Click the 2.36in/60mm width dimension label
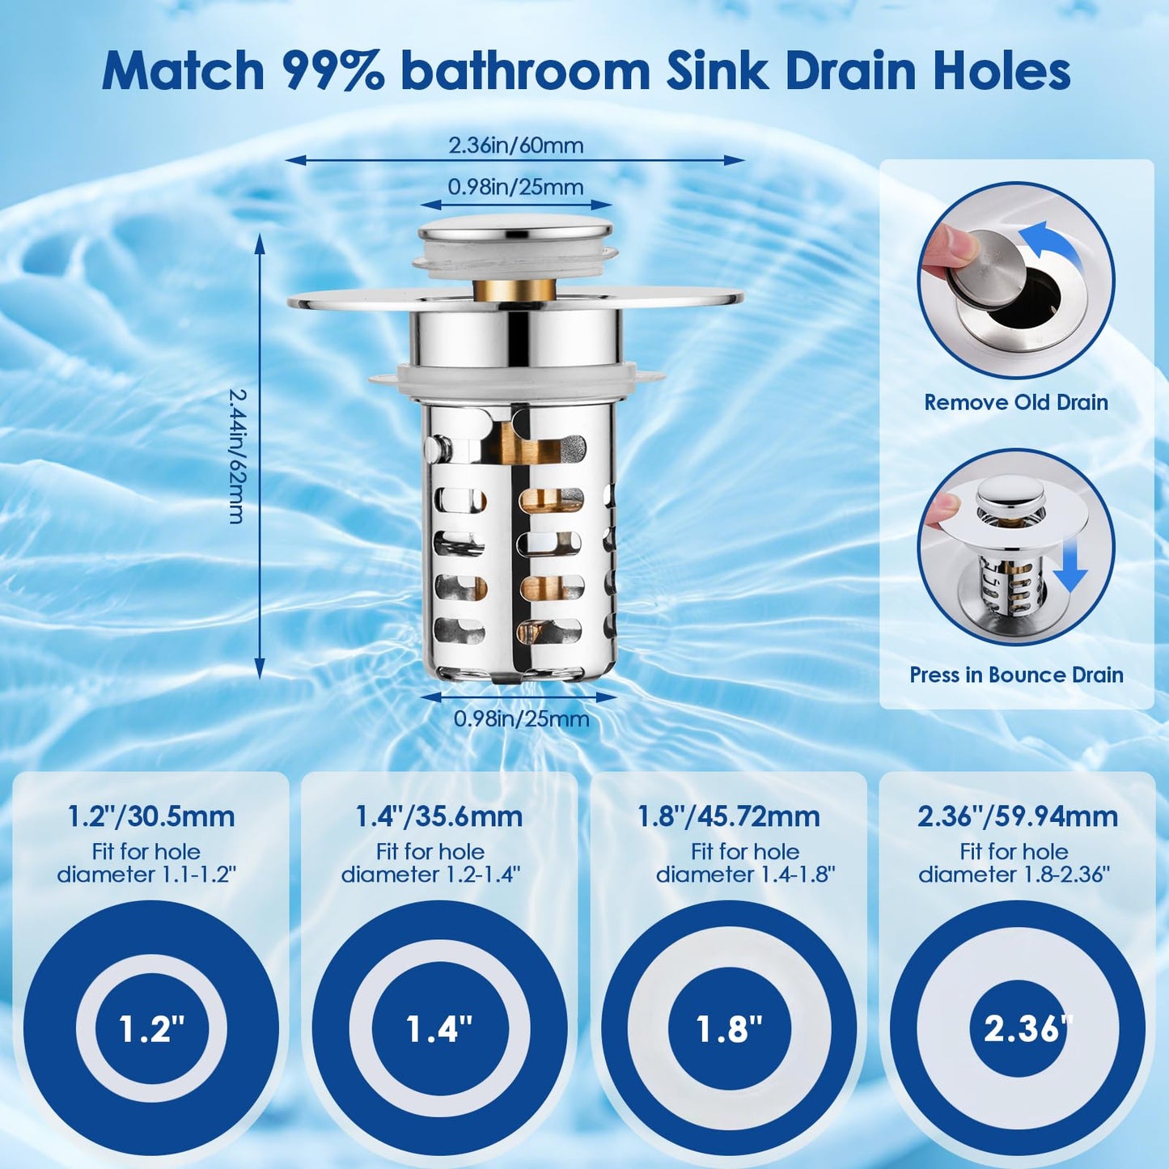click(516, 146)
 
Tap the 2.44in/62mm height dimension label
click(236, 456)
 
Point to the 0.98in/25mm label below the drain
click(521, 718)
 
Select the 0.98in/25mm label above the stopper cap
click(516, 188)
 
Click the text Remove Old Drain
click(1016, 402)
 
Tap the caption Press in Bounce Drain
click(1016, 675)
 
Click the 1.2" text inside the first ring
click(151, 1029)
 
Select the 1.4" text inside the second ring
click(439, 1029)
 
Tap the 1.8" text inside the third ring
click(729, 1029)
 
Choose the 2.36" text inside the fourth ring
click(1017, 1029)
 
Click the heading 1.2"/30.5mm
click(151, 816)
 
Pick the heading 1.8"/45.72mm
click(729, 816)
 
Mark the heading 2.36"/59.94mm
click(1017, 816)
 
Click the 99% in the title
click(332, 71)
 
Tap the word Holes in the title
click(1002, 71)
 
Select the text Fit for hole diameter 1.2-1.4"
click(430, 863)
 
